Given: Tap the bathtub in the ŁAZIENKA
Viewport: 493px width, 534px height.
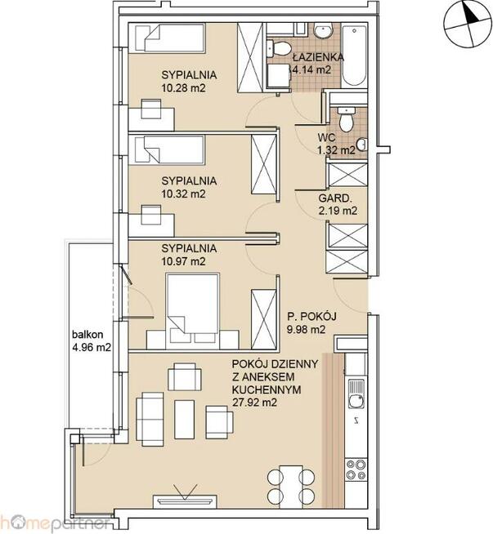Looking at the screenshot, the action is point(354,55).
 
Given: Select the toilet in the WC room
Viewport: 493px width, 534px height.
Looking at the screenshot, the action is point(346,119).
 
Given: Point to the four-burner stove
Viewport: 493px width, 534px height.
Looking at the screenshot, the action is point(356,470).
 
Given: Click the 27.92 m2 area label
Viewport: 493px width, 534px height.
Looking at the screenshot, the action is point(254,403).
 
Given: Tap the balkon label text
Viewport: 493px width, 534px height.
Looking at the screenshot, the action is point(87,335).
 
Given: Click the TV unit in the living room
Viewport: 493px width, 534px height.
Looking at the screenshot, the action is point(185,501).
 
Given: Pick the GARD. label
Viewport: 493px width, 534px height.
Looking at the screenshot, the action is point(335,198).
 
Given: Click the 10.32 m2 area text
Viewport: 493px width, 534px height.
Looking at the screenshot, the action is point(184,194).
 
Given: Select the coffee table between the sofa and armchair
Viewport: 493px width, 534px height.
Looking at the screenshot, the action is point(184,420).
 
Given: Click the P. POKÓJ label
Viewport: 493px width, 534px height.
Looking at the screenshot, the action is point(311,317).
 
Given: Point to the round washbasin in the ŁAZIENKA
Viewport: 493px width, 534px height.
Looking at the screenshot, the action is point(323,31).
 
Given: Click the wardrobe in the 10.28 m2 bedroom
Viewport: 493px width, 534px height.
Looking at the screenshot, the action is point(251,57).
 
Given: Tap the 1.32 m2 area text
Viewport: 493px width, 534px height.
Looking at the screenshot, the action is point(337,150).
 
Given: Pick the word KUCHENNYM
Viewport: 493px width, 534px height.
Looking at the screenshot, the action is point(267,389).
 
